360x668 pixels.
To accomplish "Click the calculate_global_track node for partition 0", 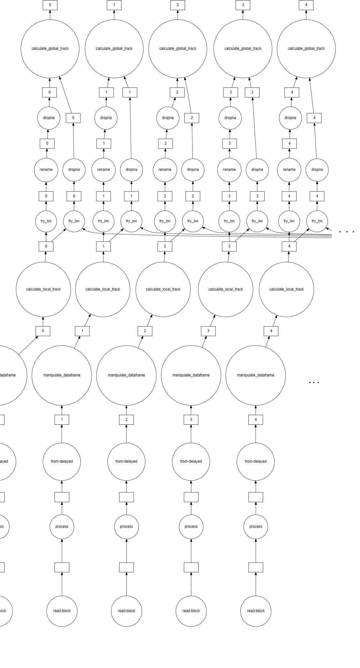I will (50, 49).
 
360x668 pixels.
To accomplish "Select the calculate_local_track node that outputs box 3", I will (226, 289).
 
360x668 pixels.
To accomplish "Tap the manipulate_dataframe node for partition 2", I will (126, 375).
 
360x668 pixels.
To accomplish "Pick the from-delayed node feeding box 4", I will (256, 461).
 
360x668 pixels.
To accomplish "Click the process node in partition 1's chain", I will (62, 527).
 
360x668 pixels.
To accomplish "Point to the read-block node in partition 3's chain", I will (191, 611).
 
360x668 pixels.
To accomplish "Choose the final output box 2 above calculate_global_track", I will (178, 5).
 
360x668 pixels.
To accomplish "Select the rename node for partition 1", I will (103, 170).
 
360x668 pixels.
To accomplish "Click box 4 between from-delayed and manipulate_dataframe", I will (256, 420).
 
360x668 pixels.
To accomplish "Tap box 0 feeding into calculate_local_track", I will (43, 331).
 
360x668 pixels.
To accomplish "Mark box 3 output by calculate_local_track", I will (229, 246).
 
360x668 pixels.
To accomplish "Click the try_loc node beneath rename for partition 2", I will (165, 221).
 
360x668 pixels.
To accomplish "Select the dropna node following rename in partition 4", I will (290, 118).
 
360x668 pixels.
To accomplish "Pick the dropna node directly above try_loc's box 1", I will (131, 170).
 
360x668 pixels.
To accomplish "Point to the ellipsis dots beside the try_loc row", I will (347, 232).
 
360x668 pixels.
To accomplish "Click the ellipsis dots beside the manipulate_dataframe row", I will (314, 382).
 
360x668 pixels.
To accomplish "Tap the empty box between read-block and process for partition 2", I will (126, 567).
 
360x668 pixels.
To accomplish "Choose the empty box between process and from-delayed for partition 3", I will (191, 497).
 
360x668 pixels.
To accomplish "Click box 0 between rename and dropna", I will (47, 143).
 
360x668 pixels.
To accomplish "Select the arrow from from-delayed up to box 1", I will (62, 434).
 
